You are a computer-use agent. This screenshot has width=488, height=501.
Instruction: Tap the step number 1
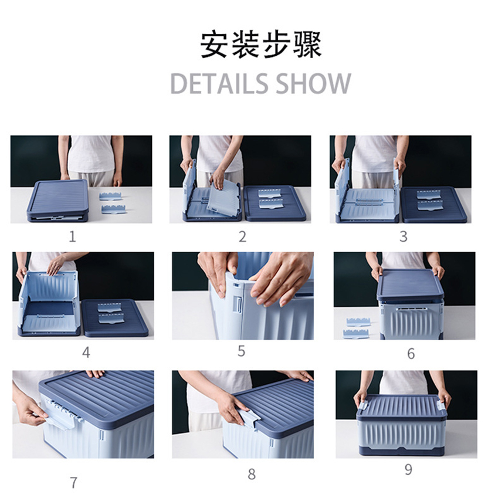click(73, 237)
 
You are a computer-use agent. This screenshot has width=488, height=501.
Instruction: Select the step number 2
click(243, 237)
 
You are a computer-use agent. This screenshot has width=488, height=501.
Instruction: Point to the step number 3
click(404, 237)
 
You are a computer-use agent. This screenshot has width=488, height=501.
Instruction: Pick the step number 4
click(86, 353)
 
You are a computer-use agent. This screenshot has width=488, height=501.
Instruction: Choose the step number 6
click(411, 353)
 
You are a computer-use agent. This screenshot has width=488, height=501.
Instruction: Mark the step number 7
click(73, 483)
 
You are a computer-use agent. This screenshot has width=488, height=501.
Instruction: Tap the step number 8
click(252, 474)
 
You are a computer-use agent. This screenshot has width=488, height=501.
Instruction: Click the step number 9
click(408, 469)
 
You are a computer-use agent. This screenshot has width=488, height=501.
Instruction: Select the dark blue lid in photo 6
click(410, 285)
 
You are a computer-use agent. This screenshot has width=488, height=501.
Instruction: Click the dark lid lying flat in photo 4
click(115, 317)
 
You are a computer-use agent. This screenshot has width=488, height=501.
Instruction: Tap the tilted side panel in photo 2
click(223, 195)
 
